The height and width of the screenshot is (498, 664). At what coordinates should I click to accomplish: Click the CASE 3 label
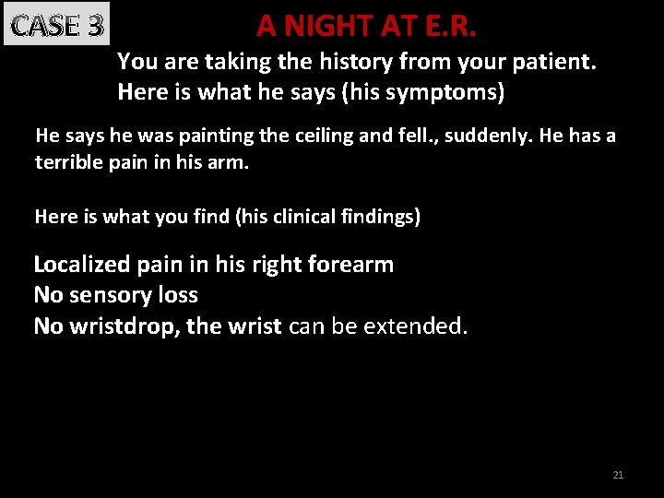pyautogui.click(x=56, y=26)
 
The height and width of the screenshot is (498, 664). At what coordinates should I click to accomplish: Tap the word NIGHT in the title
pyautogui.click(x=329, y=26)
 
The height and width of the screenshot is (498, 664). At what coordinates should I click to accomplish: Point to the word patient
pyautogui.click(x=560, y=63)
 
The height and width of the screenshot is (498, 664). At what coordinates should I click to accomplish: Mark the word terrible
pyautogui.click(x=69, y=163)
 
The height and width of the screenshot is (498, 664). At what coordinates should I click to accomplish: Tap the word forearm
pyautogui.click(x=355, y=266)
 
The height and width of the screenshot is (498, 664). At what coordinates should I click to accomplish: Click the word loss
pyautogui.click(x=179, y=296)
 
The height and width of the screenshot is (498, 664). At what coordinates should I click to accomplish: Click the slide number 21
pyautogui.click(x=618, y=475)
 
